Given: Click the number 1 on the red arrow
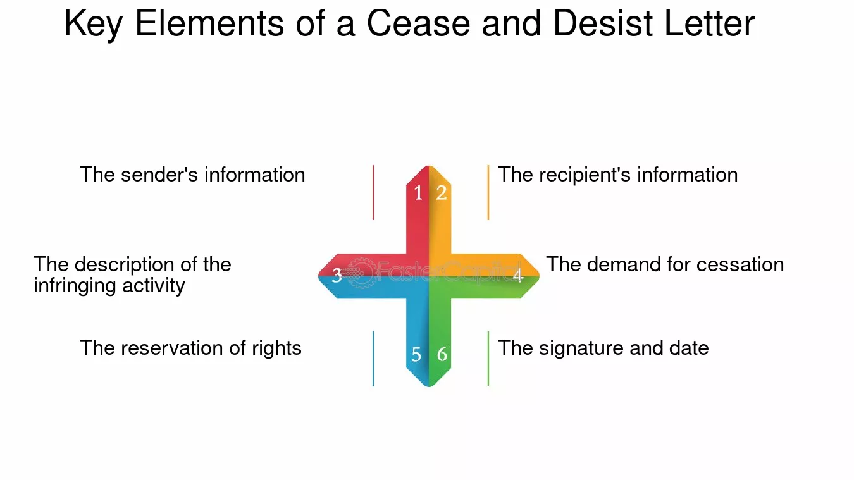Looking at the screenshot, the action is click(x=418, y=193).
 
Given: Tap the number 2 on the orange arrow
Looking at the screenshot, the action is click(x=442, y=193).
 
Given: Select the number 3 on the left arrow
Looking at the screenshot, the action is click(x=337, y=275).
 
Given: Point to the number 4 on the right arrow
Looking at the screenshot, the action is click(x=517, y=275).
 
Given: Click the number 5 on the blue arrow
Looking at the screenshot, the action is click(x=416, y=355).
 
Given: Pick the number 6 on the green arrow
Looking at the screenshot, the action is click(x=442, y=355).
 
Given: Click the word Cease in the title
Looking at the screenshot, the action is click(x=418, y=23).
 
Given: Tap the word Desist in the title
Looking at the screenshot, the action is click(x=603, y=23).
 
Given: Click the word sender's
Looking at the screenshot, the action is click(x=159, y=175).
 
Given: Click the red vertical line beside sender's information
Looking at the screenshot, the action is click(x=374, y=192).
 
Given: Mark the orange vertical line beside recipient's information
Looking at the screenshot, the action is click(x=488, y=192).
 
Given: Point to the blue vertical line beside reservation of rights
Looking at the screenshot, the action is click(x=374, y=359).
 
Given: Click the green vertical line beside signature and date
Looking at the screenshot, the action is click(x=488, y=359).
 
